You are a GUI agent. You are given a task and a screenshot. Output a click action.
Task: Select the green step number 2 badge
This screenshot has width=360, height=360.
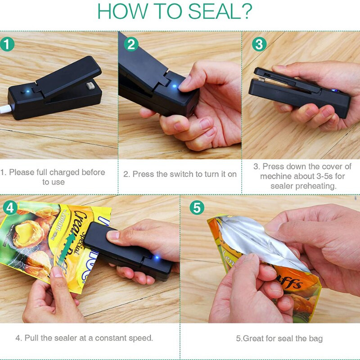pos(131,44)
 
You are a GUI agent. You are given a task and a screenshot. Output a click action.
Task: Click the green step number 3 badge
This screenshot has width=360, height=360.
pos(258,44)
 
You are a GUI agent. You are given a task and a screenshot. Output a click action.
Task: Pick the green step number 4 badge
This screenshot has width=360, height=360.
pos(11,207)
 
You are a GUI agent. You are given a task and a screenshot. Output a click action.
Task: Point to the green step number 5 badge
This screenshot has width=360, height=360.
pos(197,207)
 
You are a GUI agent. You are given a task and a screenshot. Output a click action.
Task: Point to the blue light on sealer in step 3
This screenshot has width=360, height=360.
pos(335,91)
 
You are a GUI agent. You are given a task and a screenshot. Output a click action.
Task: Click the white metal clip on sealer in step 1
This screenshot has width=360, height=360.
pos(90,85)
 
